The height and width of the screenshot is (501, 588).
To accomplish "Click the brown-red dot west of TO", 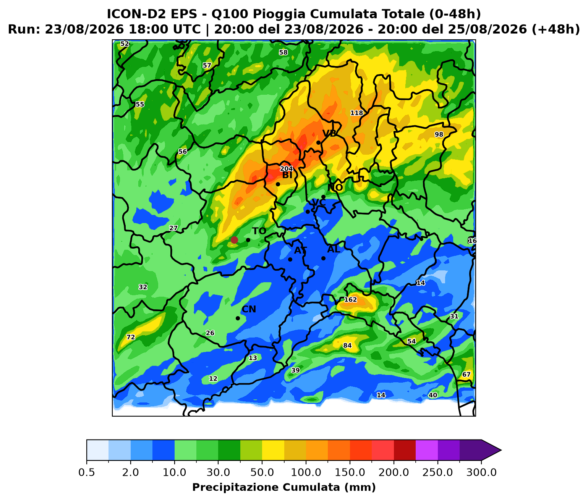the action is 234,240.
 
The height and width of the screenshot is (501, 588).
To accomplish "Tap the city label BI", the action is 287,175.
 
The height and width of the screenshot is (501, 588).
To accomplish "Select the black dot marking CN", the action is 238,318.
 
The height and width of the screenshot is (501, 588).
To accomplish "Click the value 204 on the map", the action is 287,169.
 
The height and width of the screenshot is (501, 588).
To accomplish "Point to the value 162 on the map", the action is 350,299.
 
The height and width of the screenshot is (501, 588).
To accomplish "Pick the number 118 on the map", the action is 356,113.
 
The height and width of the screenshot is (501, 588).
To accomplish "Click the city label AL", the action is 334,249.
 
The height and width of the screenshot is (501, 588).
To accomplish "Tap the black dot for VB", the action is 319,143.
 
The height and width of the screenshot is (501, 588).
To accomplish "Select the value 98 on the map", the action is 439,134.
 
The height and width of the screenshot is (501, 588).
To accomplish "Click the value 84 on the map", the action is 347,346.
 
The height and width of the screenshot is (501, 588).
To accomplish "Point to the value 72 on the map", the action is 131,337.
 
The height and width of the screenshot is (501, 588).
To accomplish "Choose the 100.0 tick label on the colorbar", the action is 306,472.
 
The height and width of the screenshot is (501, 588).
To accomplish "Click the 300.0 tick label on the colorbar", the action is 482,472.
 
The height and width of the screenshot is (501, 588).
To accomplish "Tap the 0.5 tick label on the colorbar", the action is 87,472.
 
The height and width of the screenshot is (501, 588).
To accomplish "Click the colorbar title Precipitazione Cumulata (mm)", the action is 284,487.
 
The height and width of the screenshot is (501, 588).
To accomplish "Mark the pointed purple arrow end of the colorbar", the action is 501,450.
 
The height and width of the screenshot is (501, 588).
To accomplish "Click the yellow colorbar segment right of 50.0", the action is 273,450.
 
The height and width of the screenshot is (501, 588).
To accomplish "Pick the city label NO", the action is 335,187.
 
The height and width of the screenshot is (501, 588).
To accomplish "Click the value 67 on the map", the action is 466,375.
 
